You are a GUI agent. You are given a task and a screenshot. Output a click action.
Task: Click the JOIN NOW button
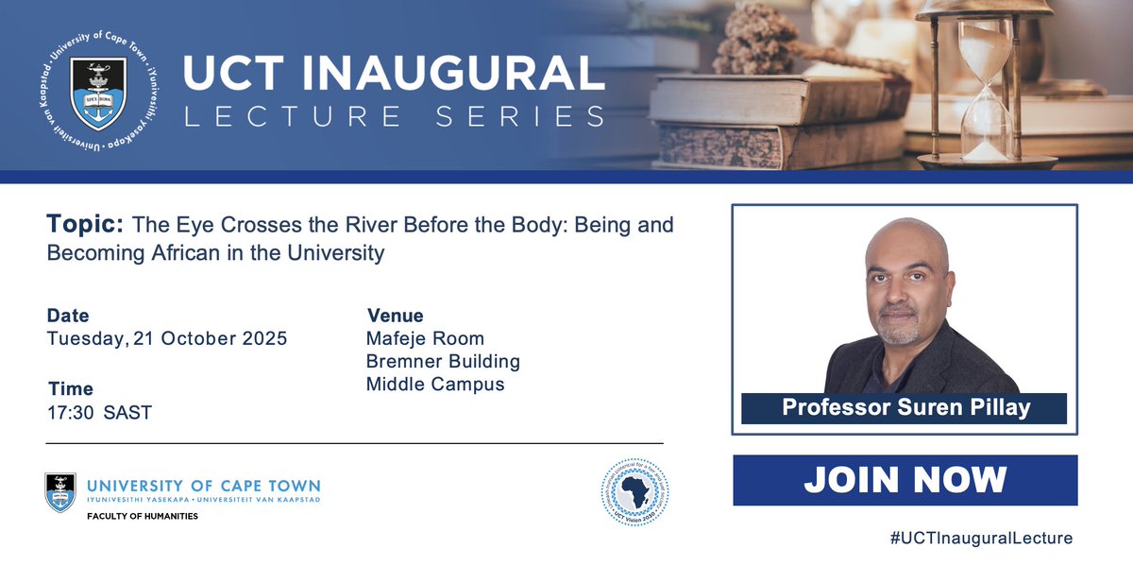point(905,480)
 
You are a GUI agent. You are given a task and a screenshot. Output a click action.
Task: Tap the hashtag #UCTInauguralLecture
point(981,538)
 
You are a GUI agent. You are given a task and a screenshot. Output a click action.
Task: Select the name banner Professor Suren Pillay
point(904,408)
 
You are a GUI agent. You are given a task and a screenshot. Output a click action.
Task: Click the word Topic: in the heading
point(85,225)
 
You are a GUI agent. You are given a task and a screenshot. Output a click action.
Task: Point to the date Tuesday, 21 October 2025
point(167,339)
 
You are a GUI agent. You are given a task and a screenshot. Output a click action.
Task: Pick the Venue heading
point(395,316)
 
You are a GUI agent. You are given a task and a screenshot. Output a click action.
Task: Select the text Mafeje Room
point(425,338)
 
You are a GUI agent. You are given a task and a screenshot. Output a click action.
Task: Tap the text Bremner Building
point(443,361)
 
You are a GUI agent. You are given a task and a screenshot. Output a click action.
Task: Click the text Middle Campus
point(435,384)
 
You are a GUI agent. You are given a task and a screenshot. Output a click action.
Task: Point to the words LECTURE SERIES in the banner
point(395,116)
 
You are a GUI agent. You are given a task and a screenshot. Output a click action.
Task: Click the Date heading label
point(68,316)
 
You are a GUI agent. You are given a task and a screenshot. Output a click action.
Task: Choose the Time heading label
point(71,388)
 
